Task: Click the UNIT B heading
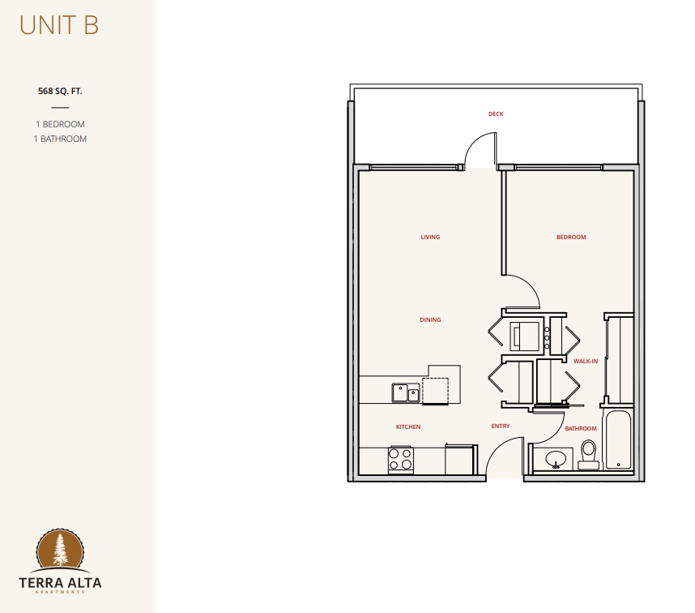[x=59, y=25]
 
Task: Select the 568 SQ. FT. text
[x=60, y=91]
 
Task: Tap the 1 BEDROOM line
[x=60, y=124]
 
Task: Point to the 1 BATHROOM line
[x=60, y=139]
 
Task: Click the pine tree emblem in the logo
[x=60, y=550]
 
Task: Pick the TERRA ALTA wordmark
[x=60, y=583]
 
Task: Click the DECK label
[x=496, y=114]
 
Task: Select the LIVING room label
[x=430, y=238]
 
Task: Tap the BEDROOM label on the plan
[x=571, y=238]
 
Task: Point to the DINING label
[x=430, y=319]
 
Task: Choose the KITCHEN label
[x=408, y=427]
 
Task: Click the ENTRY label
[x=501, y=426]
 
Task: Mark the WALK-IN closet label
[x=586, y=361]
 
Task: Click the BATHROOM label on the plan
[x=581, y=428]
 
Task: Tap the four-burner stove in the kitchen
[x=401, y=460]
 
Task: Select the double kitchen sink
[x=406, y=393]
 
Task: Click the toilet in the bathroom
[x=589, y=455]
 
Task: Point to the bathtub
[x=618, y=440]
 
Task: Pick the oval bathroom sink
[x=556, y=459]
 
